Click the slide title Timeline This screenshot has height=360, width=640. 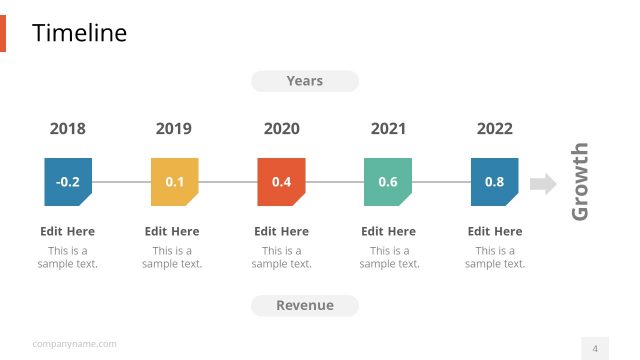tap(80, 33)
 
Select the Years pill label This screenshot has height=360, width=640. tap(305, 81)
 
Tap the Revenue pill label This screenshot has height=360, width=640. tap(305, 305)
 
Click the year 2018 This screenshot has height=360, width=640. tap(68, 129)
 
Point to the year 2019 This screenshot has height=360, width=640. tap(174, 129)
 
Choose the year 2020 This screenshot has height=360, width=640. tap(281, 129)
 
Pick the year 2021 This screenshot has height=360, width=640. tap(388, 129)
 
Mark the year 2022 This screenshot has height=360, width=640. tap(495, 129)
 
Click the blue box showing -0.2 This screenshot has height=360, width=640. tap(68, 182)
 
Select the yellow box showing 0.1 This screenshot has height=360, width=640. tap(175, 182)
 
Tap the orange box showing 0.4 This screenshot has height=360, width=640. tap(281, 182)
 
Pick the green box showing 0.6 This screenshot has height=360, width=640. tap(388, 182)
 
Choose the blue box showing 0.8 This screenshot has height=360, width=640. tap(495, 182)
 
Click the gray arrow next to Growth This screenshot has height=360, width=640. tap(543, 183)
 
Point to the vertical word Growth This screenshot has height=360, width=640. tap(580, 182)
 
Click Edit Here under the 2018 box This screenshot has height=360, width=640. tap(68, 231)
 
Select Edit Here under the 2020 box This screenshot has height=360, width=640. tap(281, 231)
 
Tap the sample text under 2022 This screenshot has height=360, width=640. tap(495, 257)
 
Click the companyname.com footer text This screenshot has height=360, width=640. tap(74, 344)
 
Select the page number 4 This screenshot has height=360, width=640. tap(595, 348)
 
